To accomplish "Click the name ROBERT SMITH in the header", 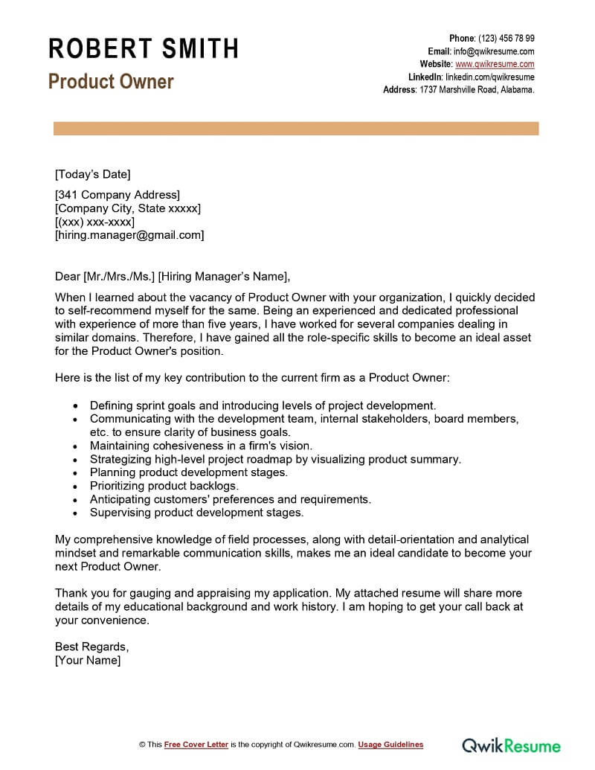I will click(x=144, y=49).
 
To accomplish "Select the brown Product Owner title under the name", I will click(x=111, y=82).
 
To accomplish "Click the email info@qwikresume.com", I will click(x=494, y=51).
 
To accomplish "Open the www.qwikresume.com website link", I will click(x=495, y=64).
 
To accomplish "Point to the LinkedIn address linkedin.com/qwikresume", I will click(x=489, y=77).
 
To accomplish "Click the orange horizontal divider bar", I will click(x=296, y=129).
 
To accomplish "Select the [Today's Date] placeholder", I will click(x=92, y=175).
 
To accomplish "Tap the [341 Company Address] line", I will click(x=118, y=195).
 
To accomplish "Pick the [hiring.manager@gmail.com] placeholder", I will click(x=129, y=235).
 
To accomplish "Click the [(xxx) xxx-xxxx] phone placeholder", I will click(x=94, y=222).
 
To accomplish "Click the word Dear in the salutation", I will click(x=68, y=277).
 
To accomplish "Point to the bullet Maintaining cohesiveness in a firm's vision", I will click(x=201, y=446).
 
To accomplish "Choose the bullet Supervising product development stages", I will click(x=196, y=513).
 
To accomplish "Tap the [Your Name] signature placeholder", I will click(x=87, y=660).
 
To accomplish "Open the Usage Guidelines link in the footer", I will click(x=390, y=745).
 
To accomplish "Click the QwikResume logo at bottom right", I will click(x=511, y=744).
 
